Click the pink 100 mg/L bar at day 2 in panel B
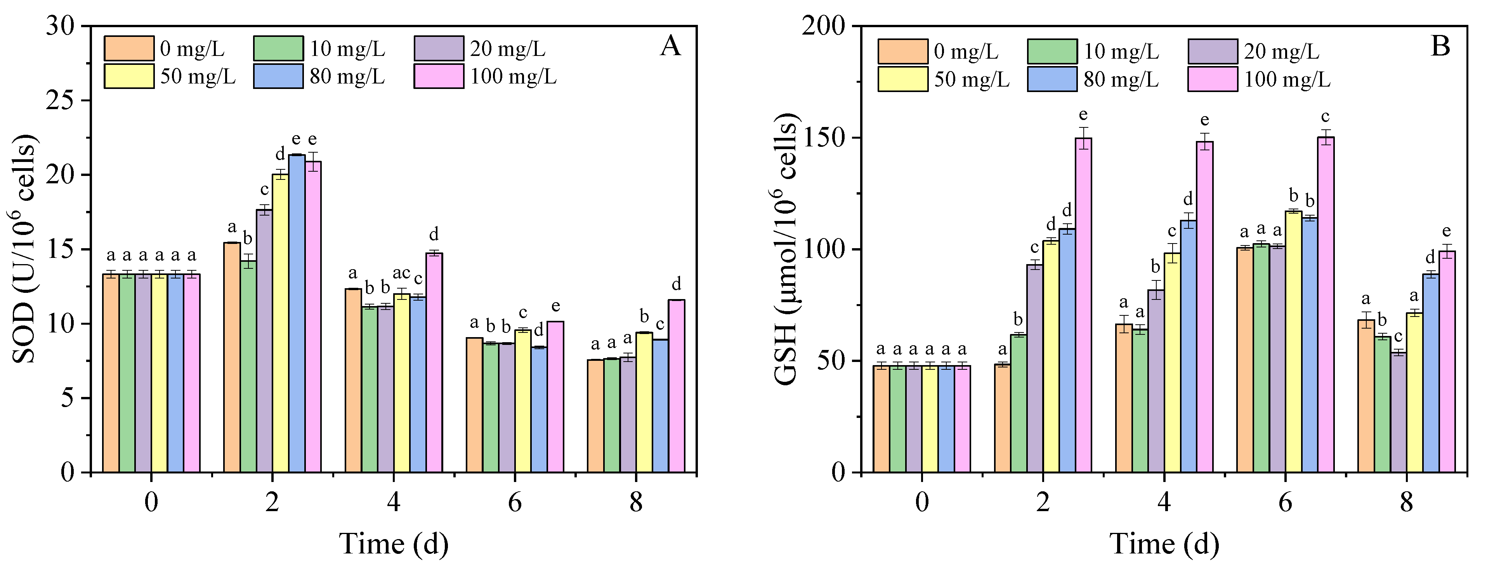1083,306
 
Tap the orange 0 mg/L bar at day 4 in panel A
353,381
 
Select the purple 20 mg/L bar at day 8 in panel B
1398,412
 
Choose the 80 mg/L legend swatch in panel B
1052,79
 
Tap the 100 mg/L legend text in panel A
513,76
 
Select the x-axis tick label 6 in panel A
514,503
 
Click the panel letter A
670,45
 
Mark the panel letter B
1441,45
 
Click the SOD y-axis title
24,249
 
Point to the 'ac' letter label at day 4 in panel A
401,273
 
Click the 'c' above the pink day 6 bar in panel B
1326,117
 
